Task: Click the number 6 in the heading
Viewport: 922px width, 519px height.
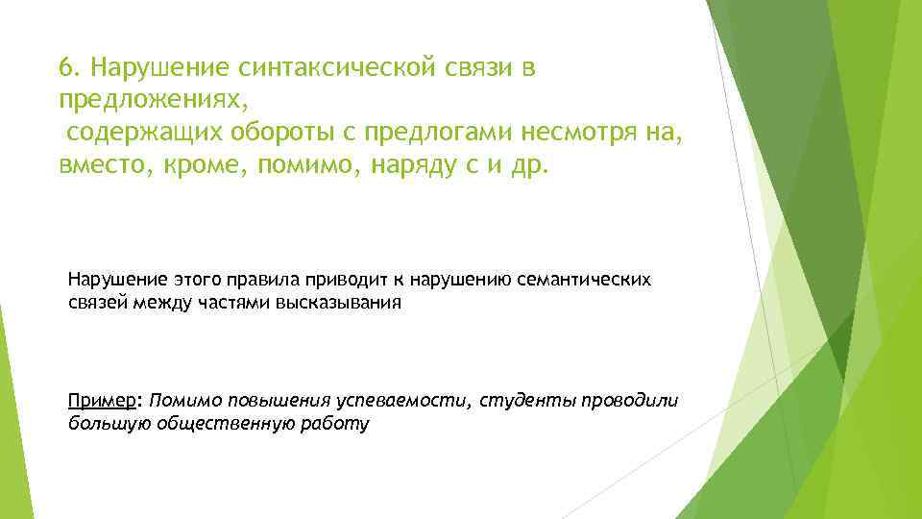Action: pyautogui.click(x=63, y=68)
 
